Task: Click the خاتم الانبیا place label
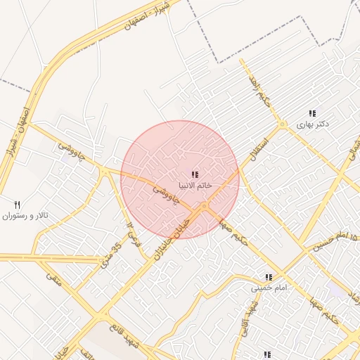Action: (194, 186)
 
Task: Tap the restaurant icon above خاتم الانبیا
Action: (195, 174)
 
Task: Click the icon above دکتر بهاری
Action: (312, 112)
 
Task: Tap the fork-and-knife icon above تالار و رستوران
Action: (18, 204)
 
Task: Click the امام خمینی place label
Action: (267, 288)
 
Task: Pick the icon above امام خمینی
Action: (267, 276)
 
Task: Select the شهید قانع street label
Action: (127, 335)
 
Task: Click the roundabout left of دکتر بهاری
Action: (282, 125)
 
